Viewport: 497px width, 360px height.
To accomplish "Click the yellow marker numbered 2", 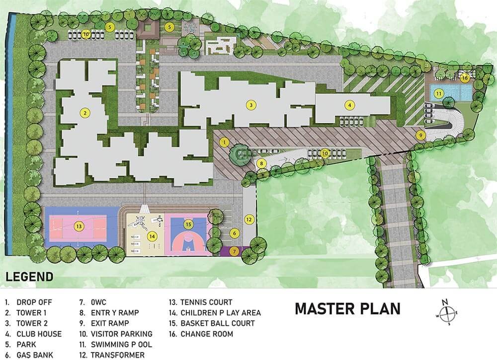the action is point(84,113).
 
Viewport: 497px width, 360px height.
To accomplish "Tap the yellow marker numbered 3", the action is point(251,105).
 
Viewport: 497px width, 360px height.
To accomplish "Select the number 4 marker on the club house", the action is point(349,105).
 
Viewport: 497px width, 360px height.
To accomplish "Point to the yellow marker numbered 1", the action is point(225,142).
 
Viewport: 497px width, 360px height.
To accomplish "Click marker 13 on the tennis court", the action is point(79,226).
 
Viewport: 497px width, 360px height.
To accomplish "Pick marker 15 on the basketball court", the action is point(188,224).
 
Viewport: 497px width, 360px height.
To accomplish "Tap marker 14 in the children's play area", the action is point(152,236).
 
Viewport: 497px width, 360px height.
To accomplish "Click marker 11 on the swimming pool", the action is point(439,94).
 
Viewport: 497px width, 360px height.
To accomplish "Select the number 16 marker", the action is point(465,77).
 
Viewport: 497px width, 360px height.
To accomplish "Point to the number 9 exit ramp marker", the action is point(420,135).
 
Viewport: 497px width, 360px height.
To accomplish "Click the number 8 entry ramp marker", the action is point(261,164).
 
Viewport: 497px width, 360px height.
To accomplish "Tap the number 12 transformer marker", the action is point(249,219).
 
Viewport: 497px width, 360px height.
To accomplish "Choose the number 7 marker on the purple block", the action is point(234,252).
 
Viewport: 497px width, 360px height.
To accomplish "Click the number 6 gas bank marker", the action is point(234,233).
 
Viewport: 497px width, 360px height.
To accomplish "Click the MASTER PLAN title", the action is point(348,309).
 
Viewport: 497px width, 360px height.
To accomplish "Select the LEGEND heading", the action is point(29,277).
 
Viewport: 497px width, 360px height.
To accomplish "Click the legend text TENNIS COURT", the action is point(206,302).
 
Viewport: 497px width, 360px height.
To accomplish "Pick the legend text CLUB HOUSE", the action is point(39,334).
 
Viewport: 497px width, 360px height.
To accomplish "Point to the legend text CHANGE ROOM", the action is point(207,334).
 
